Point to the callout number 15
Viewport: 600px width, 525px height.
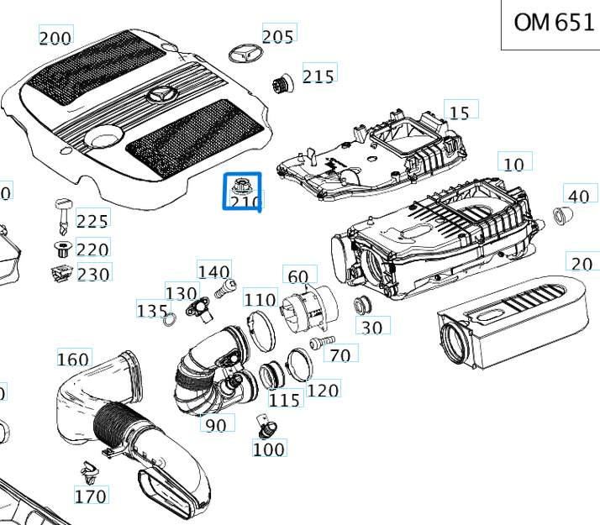(459, 113)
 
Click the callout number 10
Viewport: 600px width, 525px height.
(514, 163)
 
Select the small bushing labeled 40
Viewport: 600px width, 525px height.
(564, 217)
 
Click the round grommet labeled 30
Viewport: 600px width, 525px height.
(364, 303)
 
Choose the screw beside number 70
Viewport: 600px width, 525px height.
(317, 343)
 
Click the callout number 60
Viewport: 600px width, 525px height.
(298, 276)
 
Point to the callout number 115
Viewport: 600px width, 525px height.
(286, 400)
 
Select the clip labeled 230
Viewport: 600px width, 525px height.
(61, 272)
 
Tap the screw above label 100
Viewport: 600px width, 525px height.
(266, 427)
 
